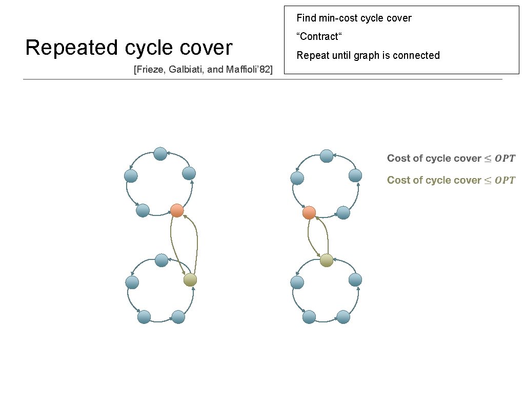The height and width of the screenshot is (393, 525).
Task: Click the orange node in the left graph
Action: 177,210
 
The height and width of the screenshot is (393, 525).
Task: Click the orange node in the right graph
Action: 309,212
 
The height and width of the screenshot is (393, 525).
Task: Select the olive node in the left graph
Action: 190,279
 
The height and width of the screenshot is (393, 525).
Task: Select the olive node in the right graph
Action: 327,260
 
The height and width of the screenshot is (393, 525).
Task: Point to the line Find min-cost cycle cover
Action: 354,18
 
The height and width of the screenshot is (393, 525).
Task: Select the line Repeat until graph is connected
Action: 368,55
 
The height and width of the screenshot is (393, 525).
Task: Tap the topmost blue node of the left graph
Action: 160,154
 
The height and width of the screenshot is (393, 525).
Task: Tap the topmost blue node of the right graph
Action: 327,155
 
